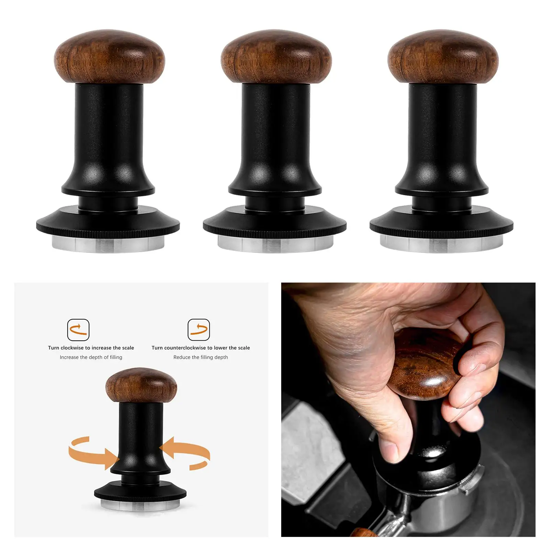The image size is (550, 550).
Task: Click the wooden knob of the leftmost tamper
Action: click(109, 57)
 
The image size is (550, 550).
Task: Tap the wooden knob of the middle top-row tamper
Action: click(276, 57)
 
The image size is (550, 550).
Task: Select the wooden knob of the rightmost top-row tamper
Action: click(443, 57)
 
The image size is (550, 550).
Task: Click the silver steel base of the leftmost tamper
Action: click(108, 243)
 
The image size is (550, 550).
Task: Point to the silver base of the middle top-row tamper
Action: click(275, 244)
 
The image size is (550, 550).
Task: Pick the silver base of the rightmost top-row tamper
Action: click(441, 244)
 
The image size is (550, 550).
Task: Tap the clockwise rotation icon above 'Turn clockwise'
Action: click(78, 330)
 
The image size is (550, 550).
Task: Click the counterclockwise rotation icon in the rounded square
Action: click(199, 330)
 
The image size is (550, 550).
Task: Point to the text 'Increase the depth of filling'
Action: click(91, 357)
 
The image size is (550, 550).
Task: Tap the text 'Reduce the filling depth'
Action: click(200, 357)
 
